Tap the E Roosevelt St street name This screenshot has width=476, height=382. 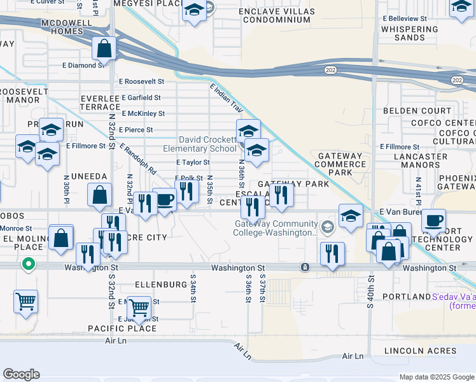pos(142,81)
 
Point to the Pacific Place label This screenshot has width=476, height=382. pos(122,329)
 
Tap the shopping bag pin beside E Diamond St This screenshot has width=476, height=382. pos(104,48)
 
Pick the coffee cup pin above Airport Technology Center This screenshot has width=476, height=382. pos(433,221)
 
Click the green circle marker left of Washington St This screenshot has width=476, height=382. pos(28,263)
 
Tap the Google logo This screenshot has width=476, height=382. pos(21,374)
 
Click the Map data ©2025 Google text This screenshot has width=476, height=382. pos(436,377)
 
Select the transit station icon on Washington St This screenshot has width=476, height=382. pos(305,267)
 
